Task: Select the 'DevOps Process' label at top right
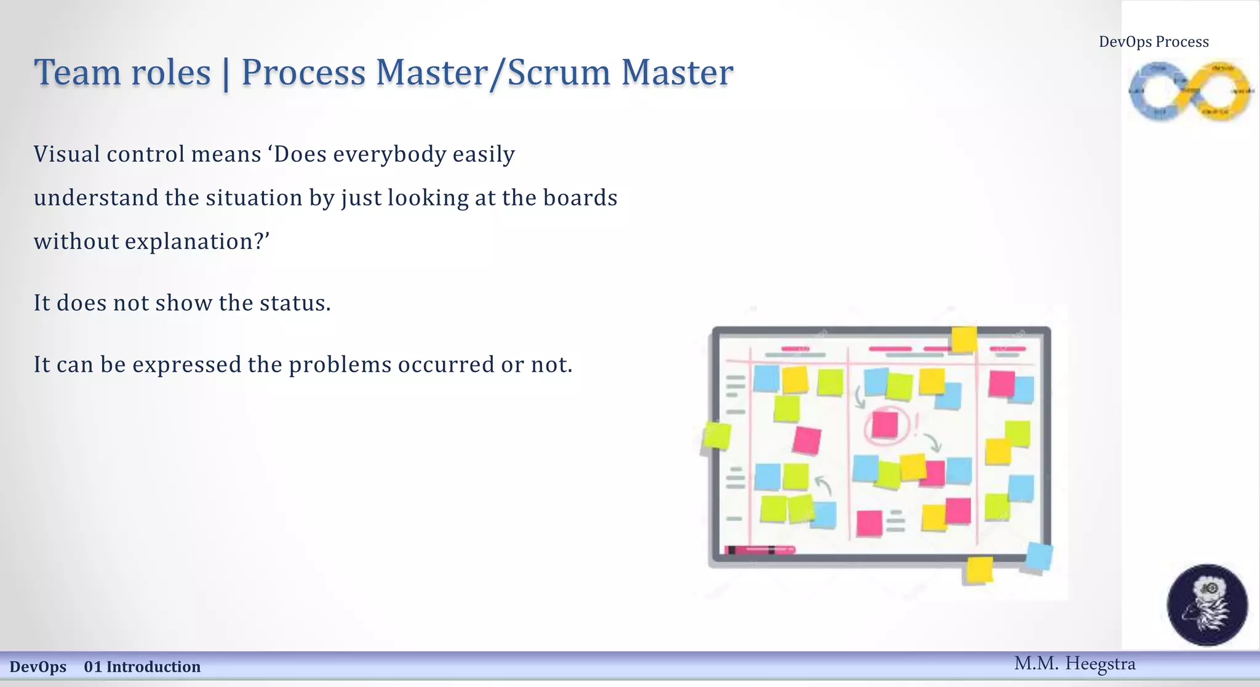tap(1154, 42)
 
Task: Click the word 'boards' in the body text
tap(580, 197)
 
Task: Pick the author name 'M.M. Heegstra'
tap(1074, 664)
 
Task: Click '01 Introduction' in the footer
tap(142, 667)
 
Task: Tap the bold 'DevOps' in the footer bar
tap(38, 667)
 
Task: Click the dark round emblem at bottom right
tap(1207, 605)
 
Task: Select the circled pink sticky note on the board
tap(885, 424)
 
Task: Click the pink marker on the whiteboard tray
tap(760, 550)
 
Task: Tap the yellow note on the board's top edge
tap(963, 339)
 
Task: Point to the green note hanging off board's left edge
tap(717, 435)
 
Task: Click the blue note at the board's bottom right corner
tap(1039, 557)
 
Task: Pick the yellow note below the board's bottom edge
tap(979, 570)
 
